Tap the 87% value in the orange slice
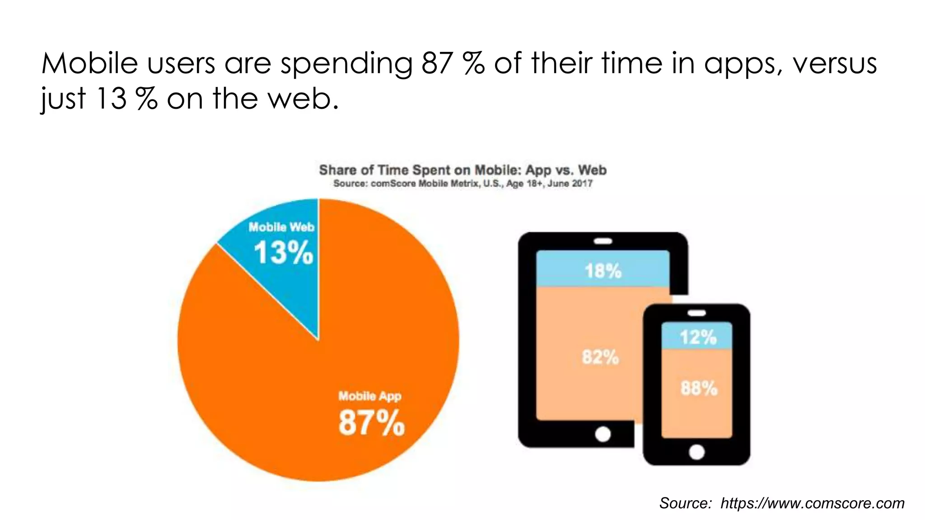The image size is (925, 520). coord(371,423)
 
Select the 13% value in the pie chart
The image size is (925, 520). coord(283,252)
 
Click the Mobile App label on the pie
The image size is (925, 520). coord(370,396)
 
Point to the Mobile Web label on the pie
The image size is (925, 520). coord(281,227)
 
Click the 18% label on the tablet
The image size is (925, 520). coord(603,271)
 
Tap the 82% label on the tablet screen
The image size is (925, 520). coord(600,357)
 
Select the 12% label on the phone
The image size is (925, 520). coord(698,337)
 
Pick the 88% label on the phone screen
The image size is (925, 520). coord(699,388)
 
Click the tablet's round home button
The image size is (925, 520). coord(603,434)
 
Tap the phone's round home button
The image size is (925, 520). coord(696,452)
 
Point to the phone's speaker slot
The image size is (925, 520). coord(696,313)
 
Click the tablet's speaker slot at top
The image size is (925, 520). coord(603,241)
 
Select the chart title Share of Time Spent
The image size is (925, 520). coord(462,170)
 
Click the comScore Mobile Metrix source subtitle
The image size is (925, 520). coord(462,184)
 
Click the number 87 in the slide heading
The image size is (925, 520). coord(437,63)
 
